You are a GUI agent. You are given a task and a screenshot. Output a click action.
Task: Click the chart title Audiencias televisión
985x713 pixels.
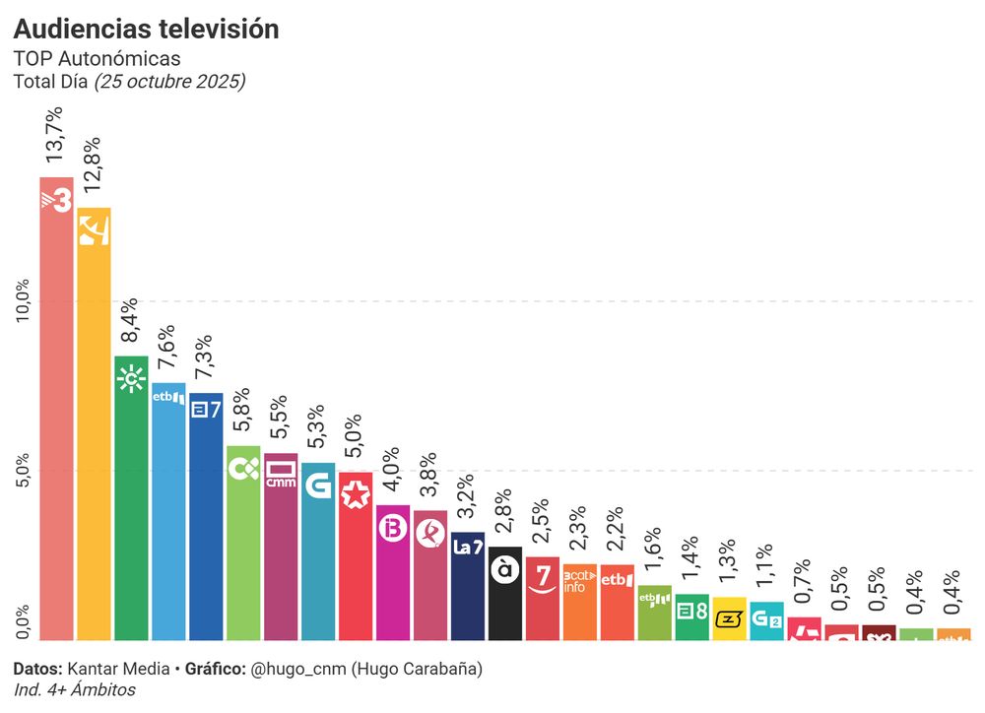tap(146, 30)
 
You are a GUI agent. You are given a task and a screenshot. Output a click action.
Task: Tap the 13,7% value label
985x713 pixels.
tap(56, 135)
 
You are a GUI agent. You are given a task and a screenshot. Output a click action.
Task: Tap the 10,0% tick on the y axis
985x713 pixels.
tap(24, 299)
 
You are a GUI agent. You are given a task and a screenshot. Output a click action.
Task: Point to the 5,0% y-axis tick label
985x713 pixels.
tap(24, 471)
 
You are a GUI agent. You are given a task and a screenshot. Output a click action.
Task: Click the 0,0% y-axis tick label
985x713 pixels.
tap(24, 622)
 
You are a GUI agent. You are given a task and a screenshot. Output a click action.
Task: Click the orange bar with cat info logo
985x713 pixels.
tap(580, 602)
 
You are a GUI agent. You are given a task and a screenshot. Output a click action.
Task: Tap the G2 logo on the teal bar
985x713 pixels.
tap(766, 619)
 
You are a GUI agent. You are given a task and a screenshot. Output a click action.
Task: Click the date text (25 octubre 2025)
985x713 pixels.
tap(168, 82)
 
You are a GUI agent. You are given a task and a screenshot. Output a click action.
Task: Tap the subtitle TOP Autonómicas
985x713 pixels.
tap(97, 59)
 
